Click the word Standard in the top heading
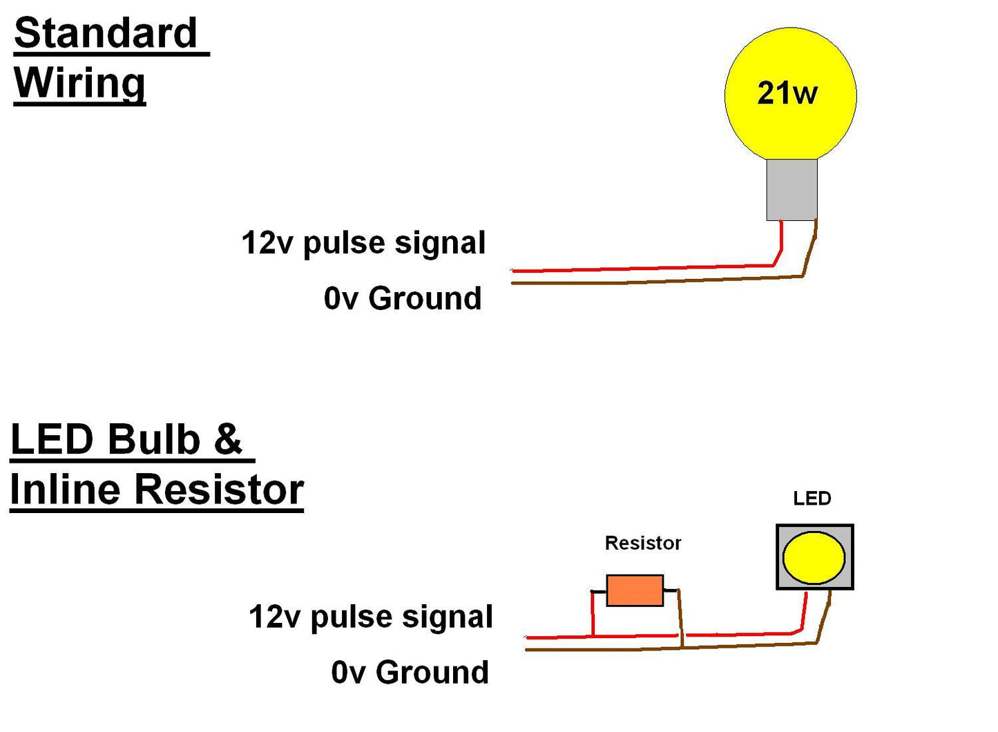106,33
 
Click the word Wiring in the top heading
79,83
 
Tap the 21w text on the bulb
787,93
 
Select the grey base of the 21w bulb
791,190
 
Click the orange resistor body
635,590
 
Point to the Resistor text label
642,543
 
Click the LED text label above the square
812,499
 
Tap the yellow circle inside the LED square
814,557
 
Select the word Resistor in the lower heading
218,490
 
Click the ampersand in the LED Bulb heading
228,440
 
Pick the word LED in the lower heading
52,440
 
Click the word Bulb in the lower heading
153,440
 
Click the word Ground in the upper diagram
425,298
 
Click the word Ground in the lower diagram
432,673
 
